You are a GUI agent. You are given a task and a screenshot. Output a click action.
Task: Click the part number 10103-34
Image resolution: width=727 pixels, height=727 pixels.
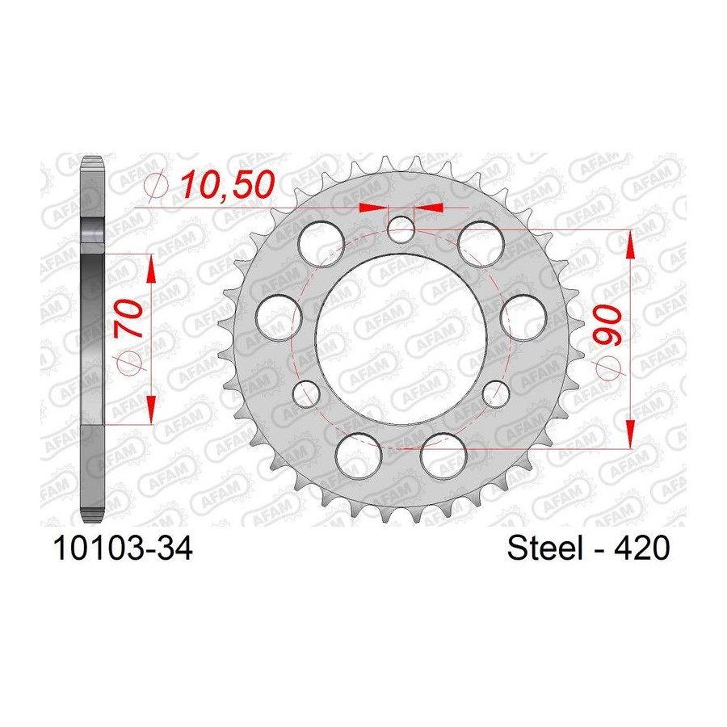[x=123, y=548]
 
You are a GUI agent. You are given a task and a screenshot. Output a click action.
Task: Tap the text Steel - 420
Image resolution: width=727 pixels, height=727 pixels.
[x=588, y=548]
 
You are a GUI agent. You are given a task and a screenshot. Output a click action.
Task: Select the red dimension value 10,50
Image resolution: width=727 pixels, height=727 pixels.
[x=228, y=184]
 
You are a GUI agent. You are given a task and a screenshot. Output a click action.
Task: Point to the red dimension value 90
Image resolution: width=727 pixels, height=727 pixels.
[x=607, y=326]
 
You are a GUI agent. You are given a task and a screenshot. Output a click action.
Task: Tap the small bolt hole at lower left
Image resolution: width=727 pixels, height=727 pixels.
[x=306, y=393]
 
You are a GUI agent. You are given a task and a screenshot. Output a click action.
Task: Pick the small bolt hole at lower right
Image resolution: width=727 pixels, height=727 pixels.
[x=496, y=393]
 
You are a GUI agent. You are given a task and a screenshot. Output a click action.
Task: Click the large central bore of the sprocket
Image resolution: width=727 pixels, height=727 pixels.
[x=401, y=339]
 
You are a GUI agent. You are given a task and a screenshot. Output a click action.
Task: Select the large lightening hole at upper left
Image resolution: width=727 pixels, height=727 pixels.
[x=321, y=244]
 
